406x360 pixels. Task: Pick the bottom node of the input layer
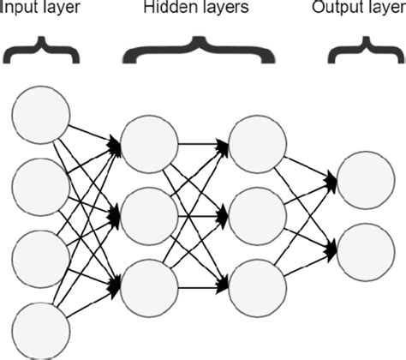[x=39, y=329]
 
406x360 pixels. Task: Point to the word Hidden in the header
[x=175, y=10]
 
